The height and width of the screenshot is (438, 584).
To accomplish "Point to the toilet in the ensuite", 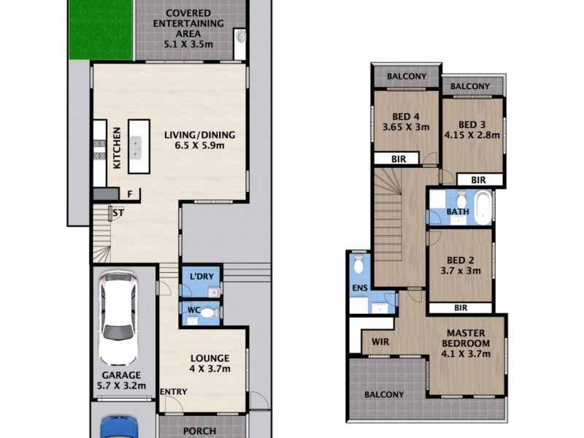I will click(x=358, y=267).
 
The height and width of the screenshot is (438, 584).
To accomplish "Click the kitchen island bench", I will click(x=139, y=146).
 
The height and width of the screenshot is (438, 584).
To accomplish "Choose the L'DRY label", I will click(x=201, y=277).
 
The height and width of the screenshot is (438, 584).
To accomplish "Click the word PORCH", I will click(x=200, y=431).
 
